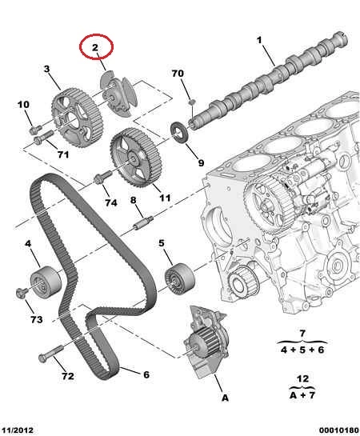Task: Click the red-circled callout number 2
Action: [95, 47]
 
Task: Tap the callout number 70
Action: [178, 74]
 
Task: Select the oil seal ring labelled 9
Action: [179, 132]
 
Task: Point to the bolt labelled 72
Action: [51, 354]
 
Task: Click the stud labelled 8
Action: [143, 222]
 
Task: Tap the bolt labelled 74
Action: [103, 177]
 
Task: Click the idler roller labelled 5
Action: [179, 278]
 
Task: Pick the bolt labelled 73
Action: [22, 294]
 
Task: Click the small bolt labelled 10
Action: [35, 130]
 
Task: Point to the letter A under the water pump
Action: [225, 398]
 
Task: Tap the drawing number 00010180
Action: [339, 430]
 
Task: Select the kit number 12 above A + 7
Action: [302, 378]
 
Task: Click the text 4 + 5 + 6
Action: [302, 350]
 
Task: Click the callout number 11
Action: [165, 198]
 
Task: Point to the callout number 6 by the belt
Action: [146, 374]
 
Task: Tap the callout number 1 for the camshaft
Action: [259, 41]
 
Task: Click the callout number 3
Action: [46, 69]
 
